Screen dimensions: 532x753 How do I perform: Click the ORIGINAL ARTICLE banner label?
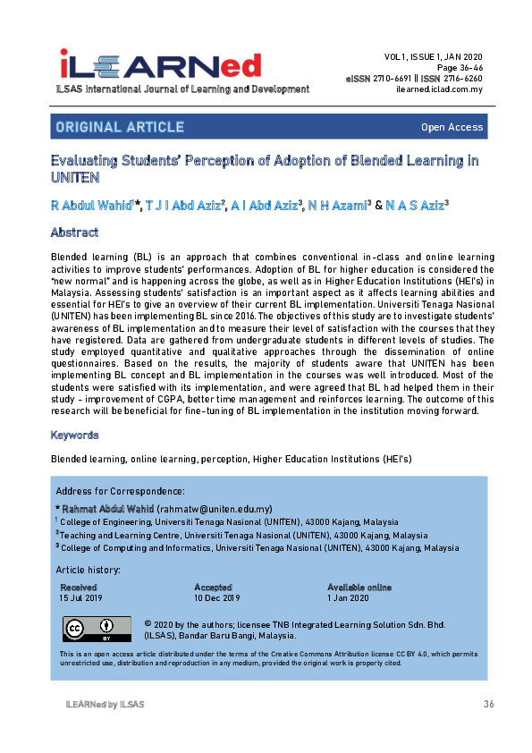(120, 127)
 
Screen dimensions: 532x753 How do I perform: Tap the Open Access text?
(452, 128)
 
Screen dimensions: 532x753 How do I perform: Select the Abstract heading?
(74, 233)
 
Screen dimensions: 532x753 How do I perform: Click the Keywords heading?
(75, 435)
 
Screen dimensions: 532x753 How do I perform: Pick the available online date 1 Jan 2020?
(350, 597)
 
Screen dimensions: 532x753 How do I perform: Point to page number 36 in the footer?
(488, 705)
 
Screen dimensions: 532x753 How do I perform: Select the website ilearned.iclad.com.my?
(438, 89)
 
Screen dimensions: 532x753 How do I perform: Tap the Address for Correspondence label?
(120, 492)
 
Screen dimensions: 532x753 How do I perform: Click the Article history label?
(88, 570)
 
